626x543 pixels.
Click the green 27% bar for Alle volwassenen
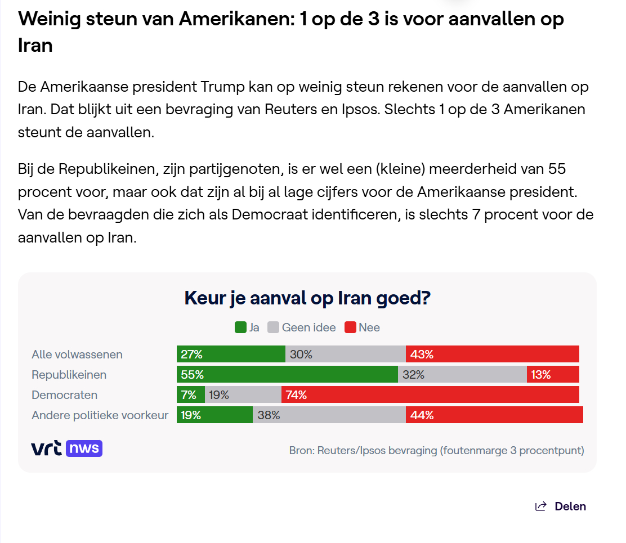pos(231,354)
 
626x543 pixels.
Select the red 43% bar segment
pos(492,354)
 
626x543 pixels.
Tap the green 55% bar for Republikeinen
pos(288,374)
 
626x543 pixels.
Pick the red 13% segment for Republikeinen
pos(553,374)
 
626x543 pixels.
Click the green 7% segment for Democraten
pos(191,394)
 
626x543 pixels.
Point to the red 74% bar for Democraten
pos(430,394)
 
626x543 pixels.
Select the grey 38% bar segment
pos(329,415)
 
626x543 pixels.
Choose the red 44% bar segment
pos(495,415)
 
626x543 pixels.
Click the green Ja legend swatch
pos(240,327)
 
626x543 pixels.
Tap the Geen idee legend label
pos(308,327)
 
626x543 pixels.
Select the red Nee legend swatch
pos(350,327)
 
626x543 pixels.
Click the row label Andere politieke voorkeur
pos(100,415)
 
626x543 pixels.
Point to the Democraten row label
pos(64,395)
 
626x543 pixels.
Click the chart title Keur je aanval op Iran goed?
pos(307,298)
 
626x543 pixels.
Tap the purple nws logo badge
pos(84,448)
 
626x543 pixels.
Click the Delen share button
pos(561,506)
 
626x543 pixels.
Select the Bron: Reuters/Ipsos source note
pos(436,451)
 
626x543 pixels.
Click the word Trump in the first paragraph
pos(222,87)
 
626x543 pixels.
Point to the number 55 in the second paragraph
pos(557,169)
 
